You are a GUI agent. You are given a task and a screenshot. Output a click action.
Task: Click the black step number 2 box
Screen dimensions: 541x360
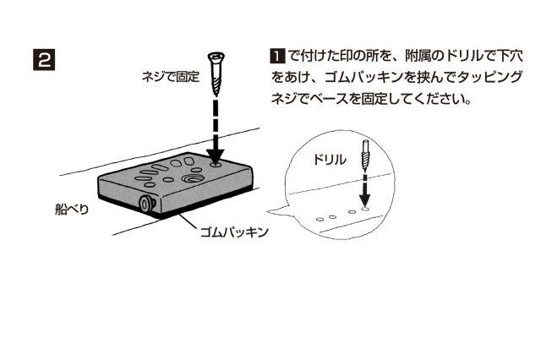44,60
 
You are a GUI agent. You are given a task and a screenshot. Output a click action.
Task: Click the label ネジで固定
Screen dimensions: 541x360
171,77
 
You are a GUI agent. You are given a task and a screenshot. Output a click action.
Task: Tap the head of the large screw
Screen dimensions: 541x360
216,57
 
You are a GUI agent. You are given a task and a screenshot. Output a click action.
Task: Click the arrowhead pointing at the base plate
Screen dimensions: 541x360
216,156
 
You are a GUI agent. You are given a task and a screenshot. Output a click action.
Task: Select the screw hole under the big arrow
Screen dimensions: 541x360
216,165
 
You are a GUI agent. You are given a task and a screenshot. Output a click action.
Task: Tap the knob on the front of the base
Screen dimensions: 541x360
146,204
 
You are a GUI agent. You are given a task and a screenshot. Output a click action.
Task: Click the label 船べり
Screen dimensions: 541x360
72,209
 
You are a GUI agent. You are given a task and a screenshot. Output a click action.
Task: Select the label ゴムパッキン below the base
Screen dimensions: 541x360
234,232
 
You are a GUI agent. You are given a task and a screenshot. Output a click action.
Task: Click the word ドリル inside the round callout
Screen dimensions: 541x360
330,160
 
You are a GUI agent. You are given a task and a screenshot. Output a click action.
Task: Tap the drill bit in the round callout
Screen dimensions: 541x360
365,156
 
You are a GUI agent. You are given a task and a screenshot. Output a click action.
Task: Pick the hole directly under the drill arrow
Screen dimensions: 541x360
365,209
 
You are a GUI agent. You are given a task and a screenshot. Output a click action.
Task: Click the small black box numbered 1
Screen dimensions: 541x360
277,56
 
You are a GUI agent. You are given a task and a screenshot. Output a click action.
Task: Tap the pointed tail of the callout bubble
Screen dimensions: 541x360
269,212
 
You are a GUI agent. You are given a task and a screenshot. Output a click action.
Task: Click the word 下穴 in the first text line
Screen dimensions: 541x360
511,56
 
